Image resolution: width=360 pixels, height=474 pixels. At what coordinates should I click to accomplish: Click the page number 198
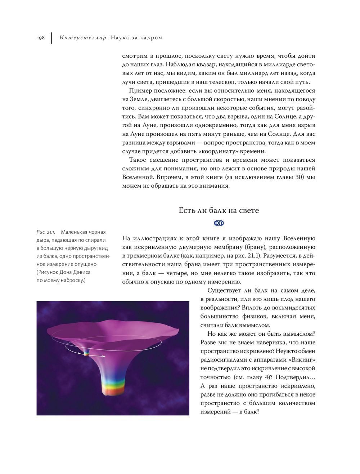pos(40,38)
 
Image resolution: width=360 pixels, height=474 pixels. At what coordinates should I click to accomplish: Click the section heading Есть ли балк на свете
pos(219,210)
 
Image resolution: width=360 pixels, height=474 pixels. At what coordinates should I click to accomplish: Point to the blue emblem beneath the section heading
pos(219,223)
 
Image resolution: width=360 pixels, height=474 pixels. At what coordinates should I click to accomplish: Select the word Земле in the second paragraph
pos(137,99)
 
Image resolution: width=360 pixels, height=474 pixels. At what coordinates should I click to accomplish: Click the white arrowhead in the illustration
pos(103,357)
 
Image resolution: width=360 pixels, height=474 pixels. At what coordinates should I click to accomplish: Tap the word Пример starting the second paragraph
pos(140,91)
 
